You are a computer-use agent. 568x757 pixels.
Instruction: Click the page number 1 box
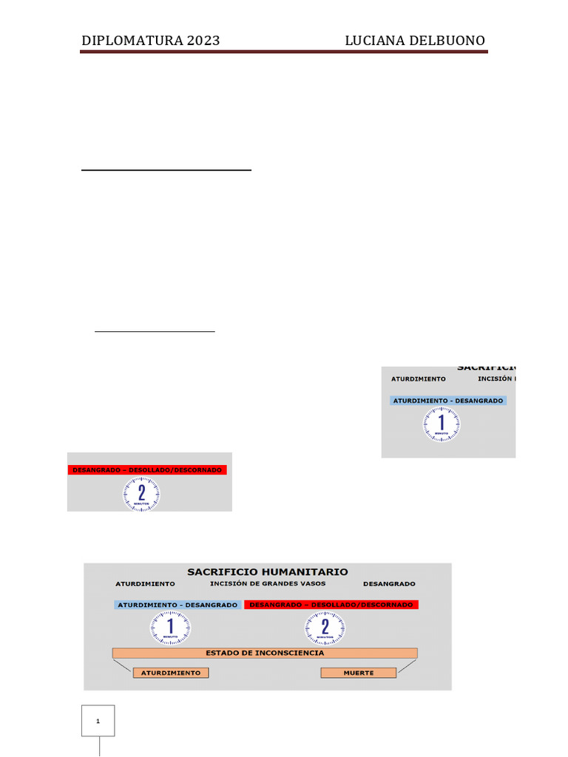[x=98, y=721]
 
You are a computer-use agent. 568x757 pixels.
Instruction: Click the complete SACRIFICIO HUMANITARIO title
[x=268, y=571]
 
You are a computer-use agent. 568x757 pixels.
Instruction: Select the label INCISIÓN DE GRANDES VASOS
[x=268, y=584]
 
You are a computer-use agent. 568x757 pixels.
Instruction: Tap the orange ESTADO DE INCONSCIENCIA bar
[x=265, y=654]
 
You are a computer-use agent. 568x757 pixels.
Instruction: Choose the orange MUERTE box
[x=359, y=673]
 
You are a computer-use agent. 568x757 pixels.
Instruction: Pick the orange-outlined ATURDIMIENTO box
[x=171, y=673]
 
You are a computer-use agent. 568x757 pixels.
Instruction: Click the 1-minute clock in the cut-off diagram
[x=442, y=424]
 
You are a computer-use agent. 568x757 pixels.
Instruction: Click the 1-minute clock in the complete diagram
[x=170, y=628]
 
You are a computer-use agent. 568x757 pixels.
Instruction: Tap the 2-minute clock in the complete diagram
[x=325, y=628]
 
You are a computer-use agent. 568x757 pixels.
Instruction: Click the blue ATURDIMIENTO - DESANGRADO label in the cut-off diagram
[x=448, y=401]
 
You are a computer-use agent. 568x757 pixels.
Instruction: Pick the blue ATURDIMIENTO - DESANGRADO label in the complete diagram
[x=177, y=605]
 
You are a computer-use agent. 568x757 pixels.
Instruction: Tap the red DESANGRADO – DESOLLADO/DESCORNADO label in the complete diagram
[x=331, y=605]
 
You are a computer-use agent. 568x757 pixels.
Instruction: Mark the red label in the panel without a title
[x=147, y=469]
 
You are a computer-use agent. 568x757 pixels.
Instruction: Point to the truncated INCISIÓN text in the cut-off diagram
[x=496, y=379]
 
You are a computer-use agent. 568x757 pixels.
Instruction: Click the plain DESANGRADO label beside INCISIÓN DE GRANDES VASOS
[x=389, y=584]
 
